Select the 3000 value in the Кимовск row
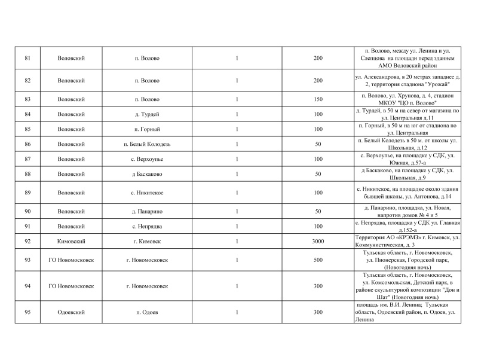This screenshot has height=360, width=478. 318,241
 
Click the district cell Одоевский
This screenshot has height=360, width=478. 71,312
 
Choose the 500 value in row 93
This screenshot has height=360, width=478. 318,261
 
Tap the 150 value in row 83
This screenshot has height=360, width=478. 318,98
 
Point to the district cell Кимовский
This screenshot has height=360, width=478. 71,241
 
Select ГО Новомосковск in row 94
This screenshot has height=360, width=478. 71,286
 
